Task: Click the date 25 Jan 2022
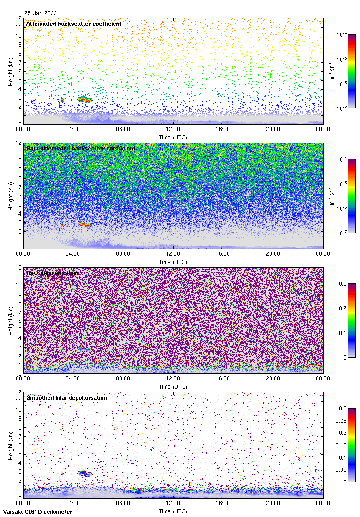point(41,13)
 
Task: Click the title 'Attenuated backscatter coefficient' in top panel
point(74,24)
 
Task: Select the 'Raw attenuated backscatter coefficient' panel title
point(81,148)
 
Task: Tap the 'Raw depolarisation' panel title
point(52,273)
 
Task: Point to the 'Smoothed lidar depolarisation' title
point(66,397)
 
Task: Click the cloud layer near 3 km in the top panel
point(85,99)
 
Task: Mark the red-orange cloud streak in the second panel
point(84,224)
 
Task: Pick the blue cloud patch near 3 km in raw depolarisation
point(84,349)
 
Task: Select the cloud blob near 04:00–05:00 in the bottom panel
point(85,473)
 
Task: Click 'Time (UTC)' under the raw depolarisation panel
point(173,386)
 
